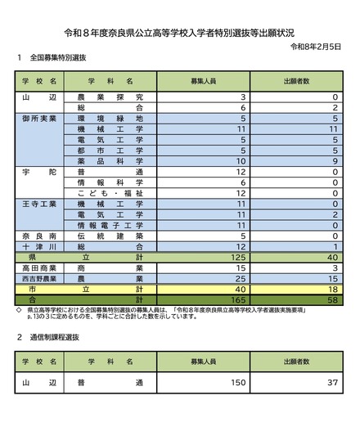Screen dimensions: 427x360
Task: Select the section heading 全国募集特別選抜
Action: pyautogui.click(x=58, y=59)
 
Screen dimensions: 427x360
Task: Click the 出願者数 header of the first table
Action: pyautogui.click(x=300, y=83)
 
